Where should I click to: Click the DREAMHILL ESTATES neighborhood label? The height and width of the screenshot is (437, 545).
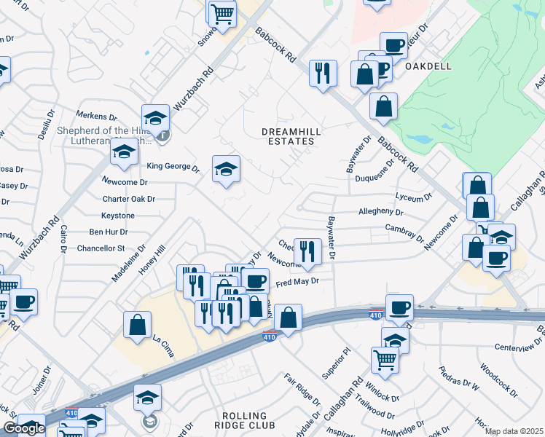(x=291, y=136)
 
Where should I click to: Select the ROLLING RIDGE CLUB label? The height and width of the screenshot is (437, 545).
(x=246, y=425)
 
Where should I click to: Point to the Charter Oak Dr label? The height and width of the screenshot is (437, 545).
(x=129, y=199)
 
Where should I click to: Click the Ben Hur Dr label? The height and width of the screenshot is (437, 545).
(x=108, y=232)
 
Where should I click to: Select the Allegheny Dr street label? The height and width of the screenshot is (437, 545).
(x=381, y=212)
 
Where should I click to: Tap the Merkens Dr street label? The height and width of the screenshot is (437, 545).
(x=98, y=117)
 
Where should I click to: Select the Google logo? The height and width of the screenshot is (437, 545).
(x=24, y=428)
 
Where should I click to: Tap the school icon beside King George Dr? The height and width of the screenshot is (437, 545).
(x=226, y=170)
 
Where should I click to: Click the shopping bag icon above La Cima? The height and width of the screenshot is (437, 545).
(x=137, y=325)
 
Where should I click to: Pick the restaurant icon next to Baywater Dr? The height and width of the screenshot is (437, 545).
(x=307, y=251)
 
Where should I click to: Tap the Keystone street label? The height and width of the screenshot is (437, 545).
(x=117, y=216)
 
